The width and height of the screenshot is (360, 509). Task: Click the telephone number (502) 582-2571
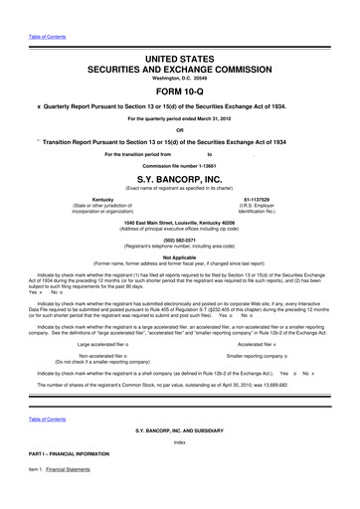[179, 240]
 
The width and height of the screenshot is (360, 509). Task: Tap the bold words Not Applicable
[179, 256]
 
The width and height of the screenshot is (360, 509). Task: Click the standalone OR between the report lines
[179, 130]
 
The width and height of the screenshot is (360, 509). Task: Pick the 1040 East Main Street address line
[179, 223]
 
